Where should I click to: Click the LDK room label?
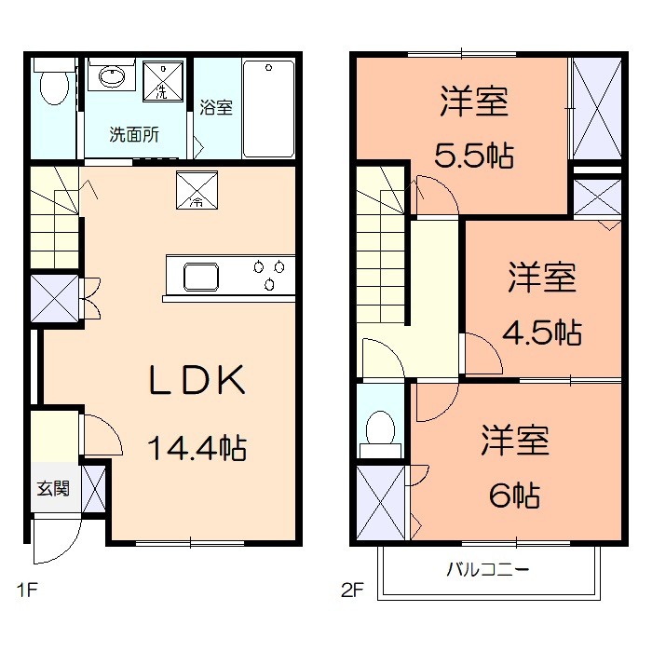[x=197, y=380]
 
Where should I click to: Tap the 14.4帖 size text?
[x=197, y=449]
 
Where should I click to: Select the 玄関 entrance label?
[x=53, y=488]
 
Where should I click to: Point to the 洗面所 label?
[x=134, y=133]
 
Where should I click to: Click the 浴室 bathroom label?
[x=216, y=106]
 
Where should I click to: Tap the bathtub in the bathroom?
[x=269, y=108]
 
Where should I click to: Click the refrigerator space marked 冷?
[x=197, y=189]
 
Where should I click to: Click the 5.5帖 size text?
[x=475, y=155]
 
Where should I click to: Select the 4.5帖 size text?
[x=544, y=331]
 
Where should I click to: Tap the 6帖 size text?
[x=514, y=495]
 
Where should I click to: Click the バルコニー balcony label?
[x=488, y=569]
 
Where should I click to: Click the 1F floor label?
[x=25, y=590]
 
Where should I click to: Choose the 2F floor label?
[x=353, y=590]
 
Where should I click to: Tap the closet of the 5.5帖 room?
[x=597, y=109]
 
